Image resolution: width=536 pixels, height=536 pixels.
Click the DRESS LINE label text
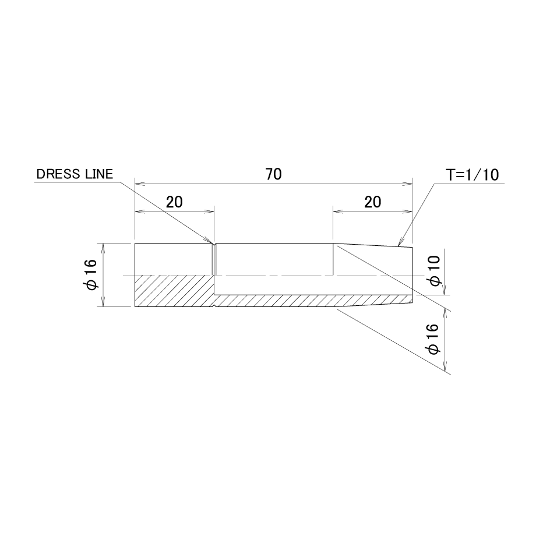[x=75, y=174]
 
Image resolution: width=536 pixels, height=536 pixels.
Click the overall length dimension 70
[x=273, y=174]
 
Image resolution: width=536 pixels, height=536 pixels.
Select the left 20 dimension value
[x=174, y=202]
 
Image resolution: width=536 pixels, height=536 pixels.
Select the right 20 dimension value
[x=373, y=202]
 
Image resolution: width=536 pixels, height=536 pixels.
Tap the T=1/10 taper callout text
[x=472, y=175]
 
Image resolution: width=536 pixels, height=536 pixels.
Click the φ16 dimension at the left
[x=91, y=274]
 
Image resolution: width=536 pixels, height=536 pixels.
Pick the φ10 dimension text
[x=435, y=270]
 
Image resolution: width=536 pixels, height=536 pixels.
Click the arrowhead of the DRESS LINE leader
[x=209, y=240]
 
